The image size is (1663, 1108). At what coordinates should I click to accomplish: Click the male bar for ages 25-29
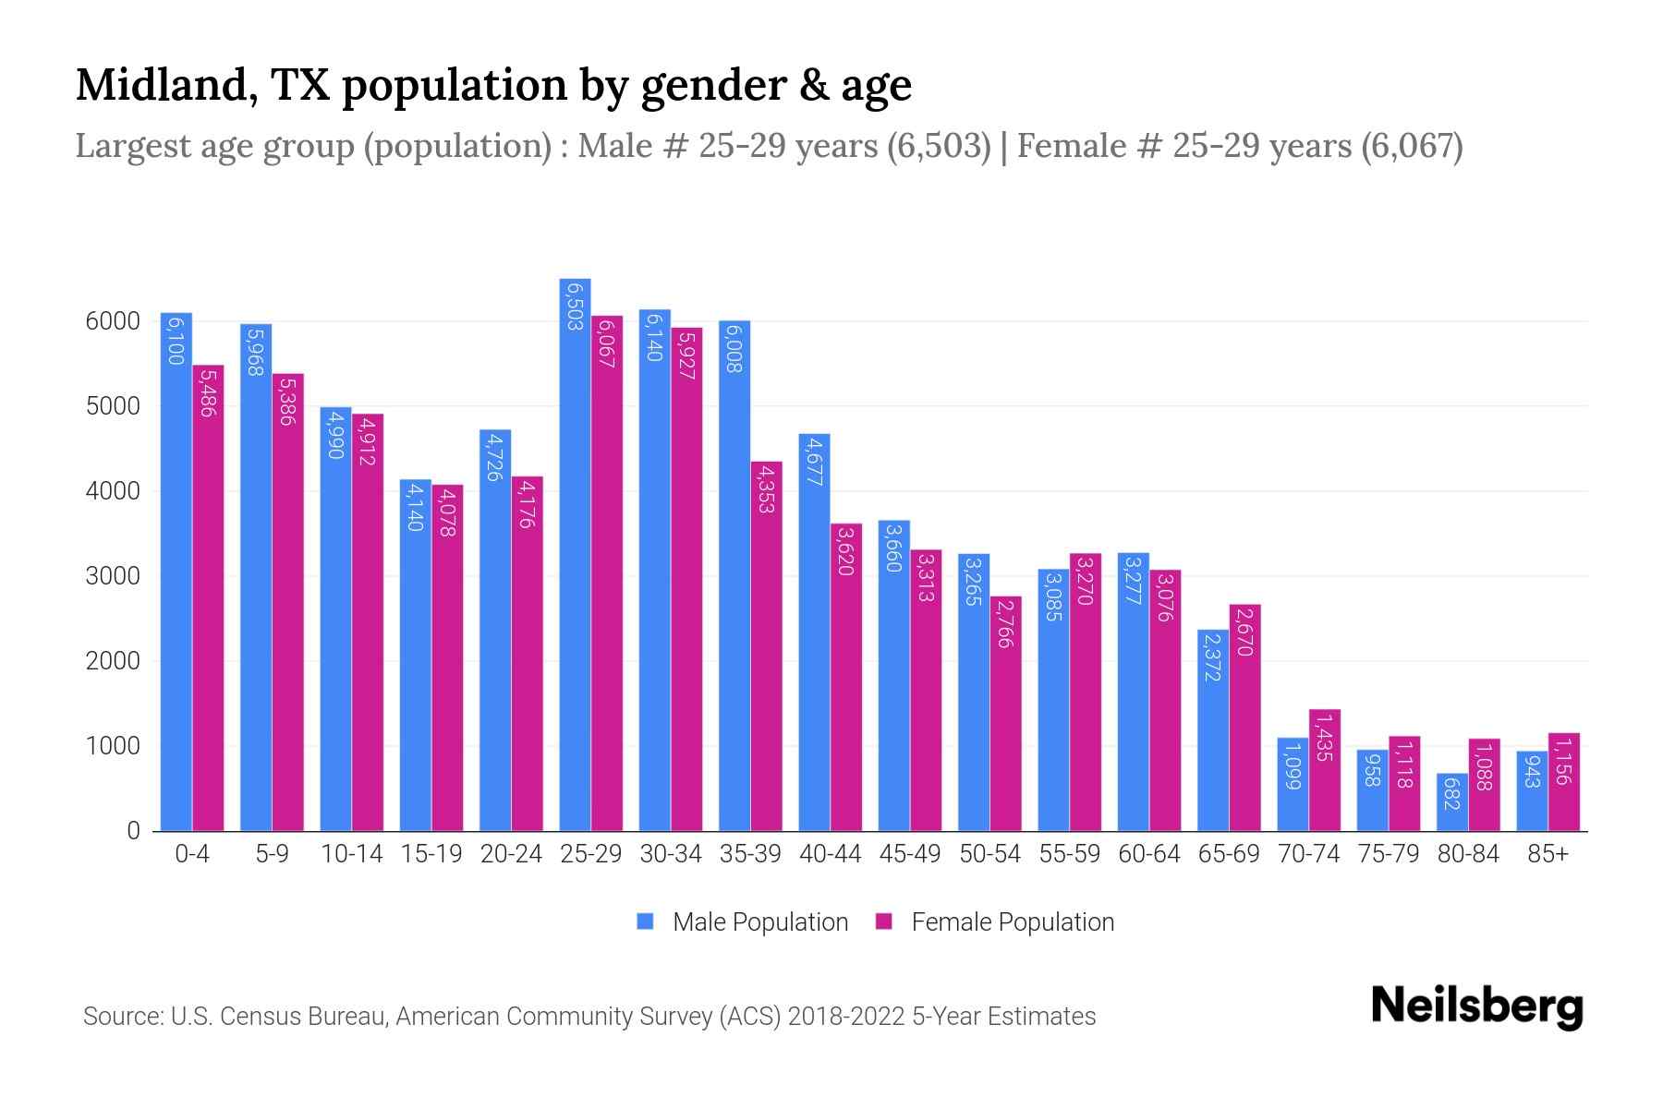575,554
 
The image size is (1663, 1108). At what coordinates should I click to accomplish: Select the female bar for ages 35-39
766,646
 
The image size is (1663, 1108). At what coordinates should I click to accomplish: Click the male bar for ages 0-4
176,572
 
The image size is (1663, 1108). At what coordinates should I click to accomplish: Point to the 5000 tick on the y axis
113,406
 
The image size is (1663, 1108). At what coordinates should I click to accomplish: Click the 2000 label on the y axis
113,661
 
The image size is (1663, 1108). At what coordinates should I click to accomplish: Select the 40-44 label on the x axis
830,854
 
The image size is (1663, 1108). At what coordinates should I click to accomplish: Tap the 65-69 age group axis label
1228,854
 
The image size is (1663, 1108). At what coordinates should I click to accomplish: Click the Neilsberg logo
1476,1006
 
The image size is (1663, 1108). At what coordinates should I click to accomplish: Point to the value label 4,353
766,489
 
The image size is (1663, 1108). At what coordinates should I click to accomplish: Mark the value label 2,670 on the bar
1244,632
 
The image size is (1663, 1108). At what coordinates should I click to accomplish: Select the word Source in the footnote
121,1017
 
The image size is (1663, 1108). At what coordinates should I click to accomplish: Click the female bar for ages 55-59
1085,692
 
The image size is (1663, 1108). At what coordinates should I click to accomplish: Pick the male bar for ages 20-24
495,628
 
